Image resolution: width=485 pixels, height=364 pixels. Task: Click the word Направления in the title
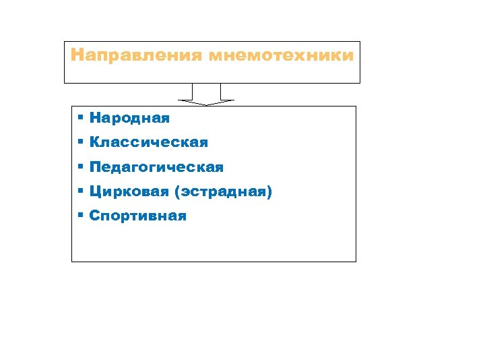[136, 55]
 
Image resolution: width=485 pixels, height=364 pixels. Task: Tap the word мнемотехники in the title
[281, 55]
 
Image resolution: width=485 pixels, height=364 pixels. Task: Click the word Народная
[129, 118]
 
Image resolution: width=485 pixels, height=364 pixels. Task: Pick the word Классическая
[149, 143]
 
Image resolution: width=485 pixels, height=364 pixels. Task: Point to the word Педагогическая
[156, 167]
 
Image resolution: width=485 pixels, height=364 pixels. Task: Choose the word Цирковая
[129, 192]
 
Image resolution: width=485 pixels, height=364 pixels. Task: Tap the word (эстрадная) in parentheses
[223, 192]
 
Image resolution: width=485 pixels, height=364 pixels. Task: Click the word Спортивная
[138, 216]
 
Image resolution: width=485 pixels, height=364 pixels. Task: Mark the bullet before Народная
[79, 118]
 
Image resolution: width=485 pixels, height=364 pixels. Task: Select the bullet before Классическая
[79, 142]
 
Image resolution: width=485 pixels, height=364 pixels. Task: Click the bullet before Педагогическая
[79, 166]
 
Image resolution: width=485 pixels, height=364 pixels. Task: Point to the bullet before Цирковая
[79, 191]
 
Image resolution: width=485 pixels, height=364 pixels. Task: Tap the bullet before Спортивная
[79, 216]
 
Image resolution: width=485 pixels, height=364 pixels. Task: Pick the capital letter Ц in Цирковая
[95, 193]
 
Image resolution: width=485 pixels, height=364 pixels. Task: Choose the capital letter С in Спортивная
[94, 216]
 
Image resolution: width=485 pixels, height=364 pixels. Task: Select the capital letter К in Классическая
[95, 143]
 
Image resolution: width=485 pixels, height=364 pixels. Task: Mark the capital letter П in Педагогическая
[95, 167]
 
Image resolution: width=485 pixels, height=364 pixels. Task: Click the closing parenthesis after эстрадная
[269, 193]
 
